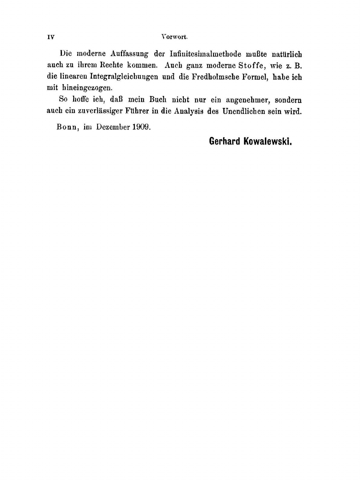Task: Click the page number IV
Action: click(51, 37)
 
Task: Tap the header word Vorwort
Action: click(175, 37)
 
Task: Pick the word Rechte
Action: click(109, 65)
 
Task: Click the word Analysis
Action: click(189, 111)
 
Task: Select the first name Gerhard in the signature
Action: click(225, 141)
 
